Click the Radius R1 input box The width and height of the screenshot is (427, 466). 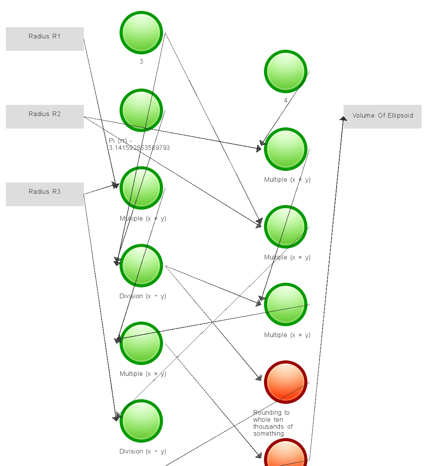point(45,39)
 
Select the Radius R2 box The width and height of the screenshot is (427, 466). point(45,116)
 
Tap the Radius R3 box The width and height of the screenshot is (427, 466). point(45,194)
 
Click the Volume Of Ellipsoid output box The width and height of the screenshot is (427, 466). point(382,116)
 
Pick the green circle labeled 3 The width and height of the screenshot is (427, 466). point(141,33)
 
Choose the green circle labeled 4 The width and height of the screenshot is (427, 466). point(286,71)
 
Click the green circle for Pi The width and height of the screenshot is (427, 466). point(141,110)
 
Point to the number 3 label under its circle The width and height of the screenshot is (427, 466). point(141,62)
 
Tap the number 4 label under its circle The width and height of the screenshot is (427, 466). point(286,101)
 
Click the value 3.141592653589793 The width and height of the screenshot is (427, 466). point(139,148)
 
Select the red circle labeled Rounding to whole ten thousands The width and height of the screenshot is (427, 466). point(286,382)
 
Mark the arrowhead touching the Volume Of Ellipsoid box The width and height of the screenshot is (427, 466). point(343,119)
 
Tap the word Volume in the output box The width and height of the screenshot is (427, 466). point(364,116)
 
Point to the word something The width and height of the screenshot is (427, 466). point(269,434)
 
